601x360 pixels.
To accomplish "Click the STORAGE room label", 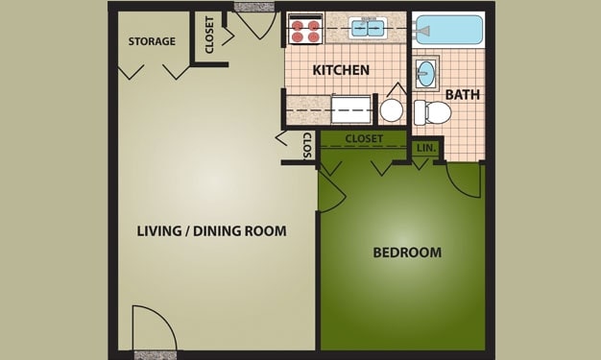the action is (152, 41).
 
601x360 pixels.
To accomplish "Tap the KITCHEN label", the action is (341, 70).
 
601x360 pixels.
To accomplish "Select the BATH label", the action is (462, 94).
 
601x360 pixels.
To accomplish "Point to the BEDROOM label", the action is (407, 252).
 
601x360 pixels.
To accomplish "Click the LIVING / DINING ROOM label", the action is (211, 230).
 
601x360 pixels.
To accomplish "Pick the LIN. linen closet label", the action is (426, 148).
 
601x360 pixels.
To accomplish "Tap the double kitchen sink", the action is (368, 28).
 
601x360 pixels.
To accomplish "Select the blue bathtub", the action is (448, 30).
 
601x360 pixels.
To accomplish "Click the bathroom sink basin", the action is (425, 73).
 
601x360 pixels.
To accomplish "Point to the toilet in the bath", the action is (432, 112).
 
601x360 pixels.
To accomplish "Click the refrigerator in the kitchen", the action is (351, 109).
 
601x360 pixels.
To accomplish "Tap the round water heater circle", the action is (392, 110).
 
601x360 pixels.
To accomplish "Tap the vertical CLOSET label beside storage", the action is (209, 35).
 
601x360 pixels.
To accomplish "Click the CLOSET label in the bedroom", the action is (364, 138).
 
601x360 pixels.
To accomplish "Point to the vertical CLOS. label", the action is (308, 146).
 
